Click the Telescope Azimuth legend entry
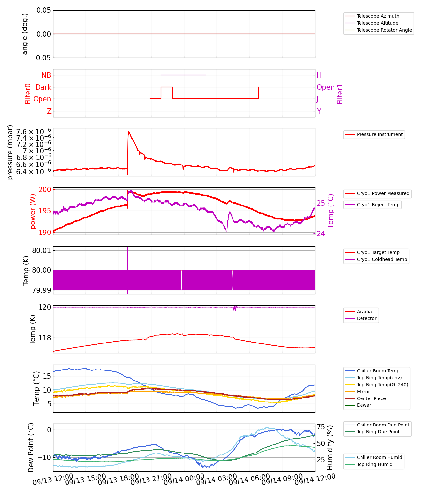click(x=378, y=16)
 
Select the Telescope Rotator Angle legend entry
click(x=384, y=30)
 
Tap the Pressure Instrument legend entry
click(x=380, y=134)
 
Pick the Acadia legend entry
click(x=364, y=312)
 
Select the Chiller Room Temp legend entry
click(x=378, y=371)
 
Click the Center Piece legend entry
click(x=371, y=398)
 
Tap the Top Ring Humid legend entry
click(x=375, y=464)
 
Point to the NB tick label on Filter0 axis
click(x=46, y=75)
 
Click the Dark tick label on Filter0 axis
click(x=43, y=87)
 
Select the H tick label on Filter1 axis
click(x=319, y=75)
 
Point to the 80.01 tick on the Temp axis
click(x=41, y=250)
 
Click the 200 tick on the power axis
click(x=45, y=189)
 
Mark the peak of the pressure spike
click(x=128, y=131)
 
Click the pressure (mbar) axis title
click(x=10, y=152)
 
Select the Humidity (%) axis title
click(x=330, y=448)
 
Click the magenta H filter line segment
click(x=183, y=75)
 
